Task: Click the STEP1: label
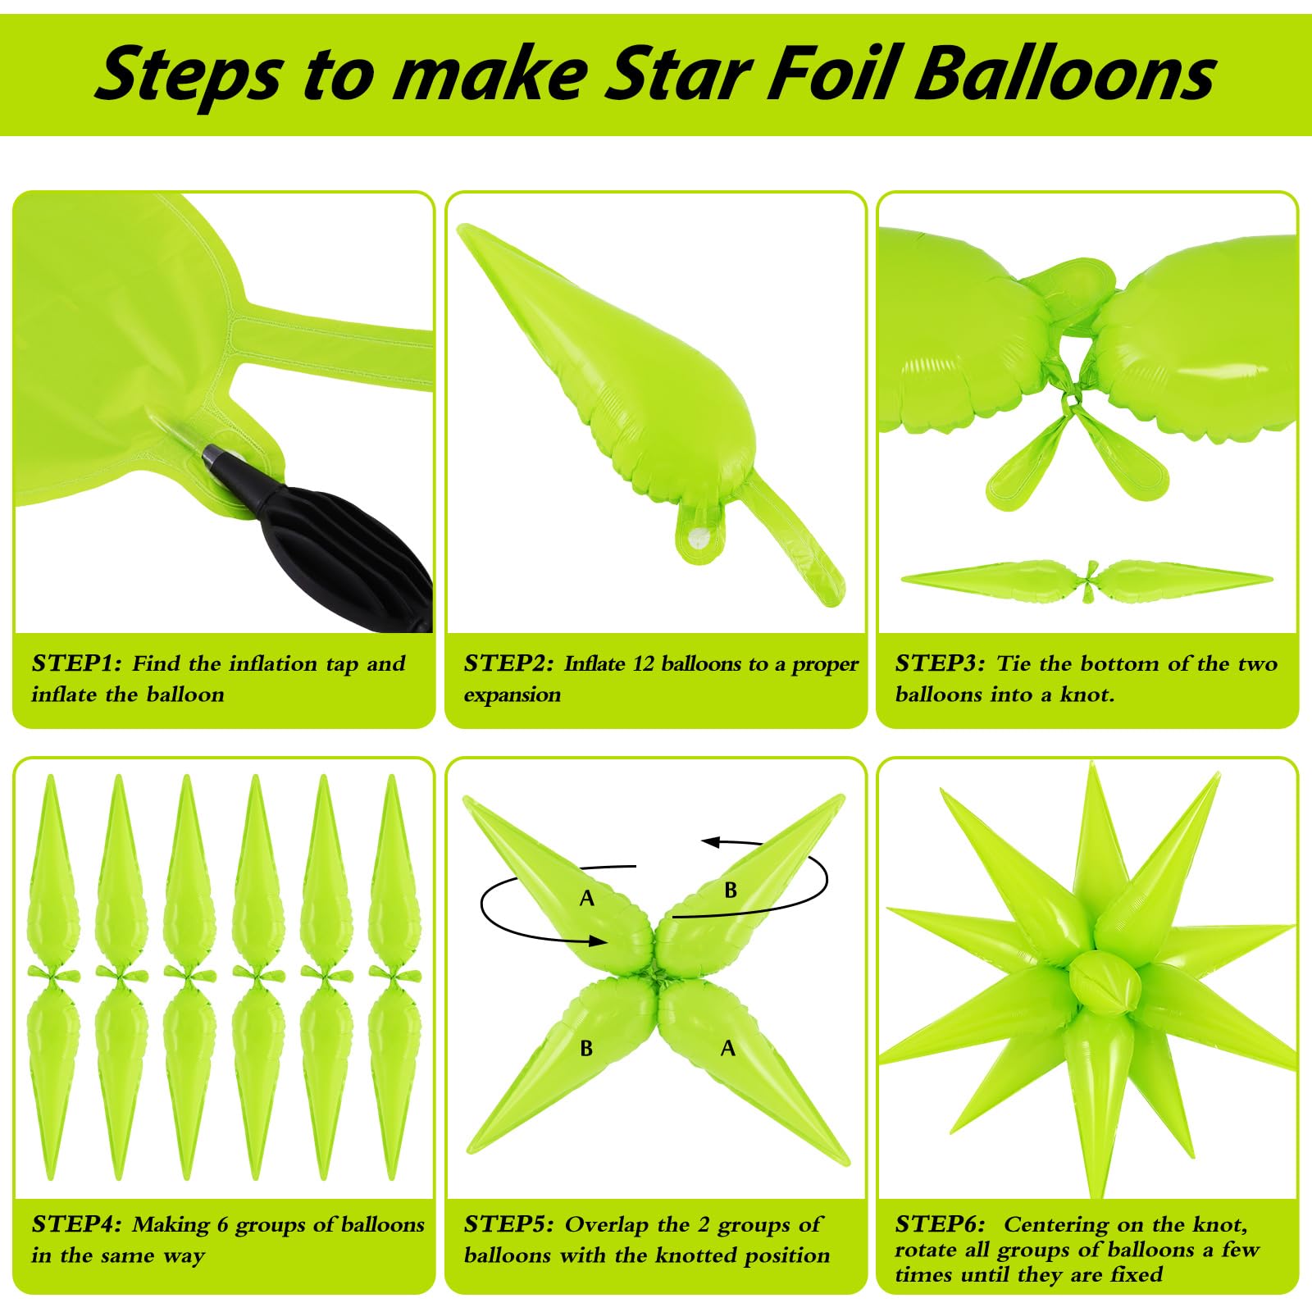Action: [x=76, y=663]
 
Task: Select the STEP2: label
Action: [x=509, y=663]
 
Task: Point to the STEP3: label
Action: [x=941, y=663]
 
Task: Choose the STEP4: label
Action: [x=76, y=1224]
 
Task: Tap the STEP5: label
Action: [x=509, y=1224]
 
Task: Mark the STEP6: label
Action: [x=941, y=1224]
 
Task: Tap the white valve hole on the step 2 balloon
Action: [x=699, y=538]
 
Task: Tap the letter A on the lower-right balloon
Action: [x=727, y=1048]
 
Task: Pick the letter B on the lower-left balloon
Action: [x=586, y=1048]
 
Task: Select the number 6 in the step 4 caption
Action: [x=223, y=1225]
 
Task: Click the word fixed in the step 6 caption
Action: [x=1137, y=1274]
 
